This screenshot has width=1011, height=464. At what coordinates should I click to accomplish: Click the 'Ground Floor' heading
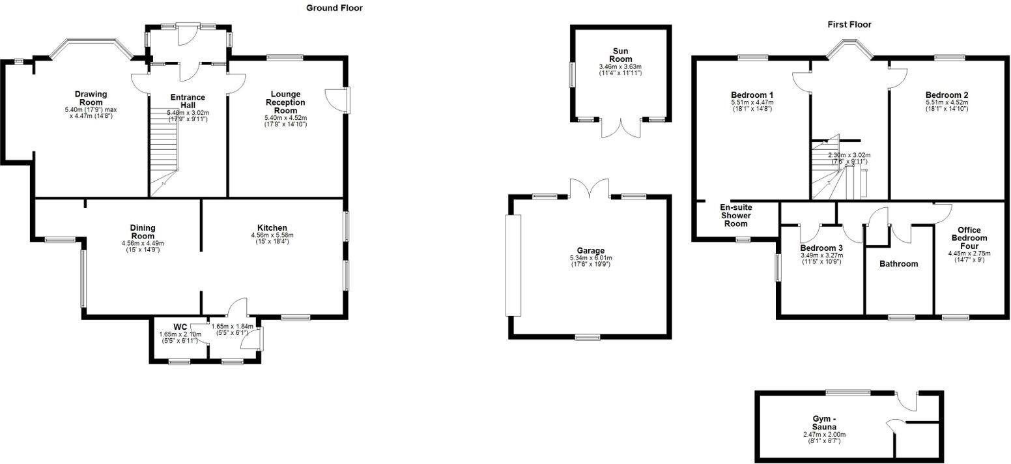[x=334, y=8]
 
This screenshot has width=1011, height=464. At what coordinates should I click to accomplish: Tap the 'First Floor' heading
[x=849, y=24]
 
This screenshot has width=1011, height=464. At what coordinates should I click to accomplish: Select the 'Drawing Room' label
[x=91, y=98]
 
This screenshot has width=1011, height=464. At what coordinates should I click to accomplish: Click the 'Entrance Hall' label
[x=188, y=101]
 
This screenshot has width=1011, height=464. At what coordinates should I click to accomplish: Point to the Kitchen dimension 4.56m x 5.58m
[x=272, y=235]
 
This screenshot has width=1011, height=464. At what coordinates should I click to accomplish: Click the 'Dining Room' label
[x=142, y=231]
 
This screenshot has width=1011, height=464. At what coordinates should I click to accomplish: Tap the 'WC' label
[x=180, y=326]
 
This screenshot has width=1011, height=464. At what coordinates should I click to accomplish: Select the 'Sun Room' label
[x=620, y=54]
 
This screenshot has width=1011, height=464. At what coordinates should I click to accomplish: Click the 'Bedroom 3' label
[x=821, y=248]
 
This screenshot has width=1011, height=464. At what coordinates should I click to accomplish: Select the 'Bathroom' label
[x=898, y=264]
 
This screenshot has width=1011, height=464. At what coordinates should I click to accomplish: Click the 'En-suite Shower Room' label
[x=736, y=215]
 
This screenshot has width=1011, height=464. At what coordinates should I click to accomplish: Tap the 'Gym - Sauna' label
[x=824, y=423]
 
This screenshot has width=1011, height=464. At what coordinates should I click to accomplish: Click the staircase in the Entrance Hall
[x=165, y=156]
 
